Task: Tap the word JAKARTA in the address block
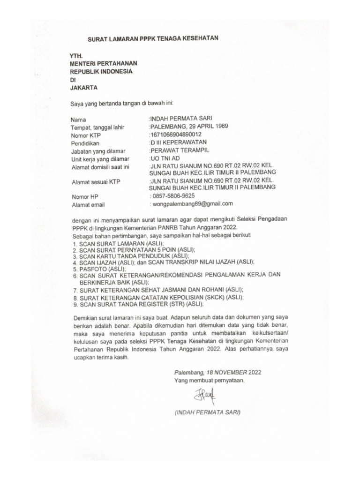[x=84, y=88]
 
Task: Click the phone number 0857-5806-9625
[x=173, y=195]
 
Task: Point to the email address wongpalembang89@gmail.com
[x=192, y=204]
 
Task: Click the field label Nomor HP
[x=85, y=197]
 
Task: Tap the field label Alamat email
[x=88, y=205]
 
